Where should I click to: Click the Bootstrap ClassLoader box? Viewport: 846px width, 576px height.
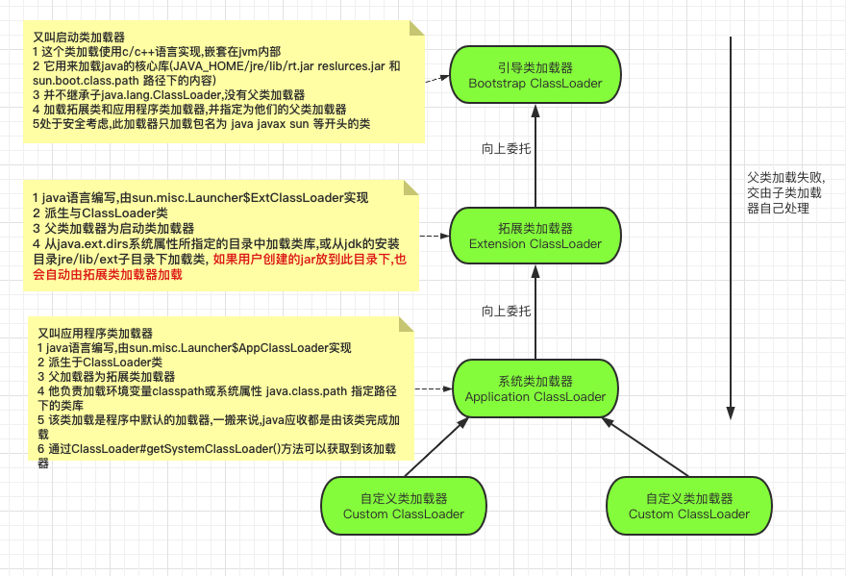(535, 76)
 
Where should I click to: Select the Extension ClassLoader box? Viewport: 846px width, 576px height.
(535, 236)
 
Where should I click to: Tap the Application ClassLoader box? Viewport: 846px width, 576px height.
(535, 388)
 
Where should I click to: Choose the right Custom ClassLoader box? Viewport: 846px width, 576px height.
(689, 506)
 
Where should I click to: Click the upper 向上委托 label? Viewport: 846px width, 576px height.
(506, 149)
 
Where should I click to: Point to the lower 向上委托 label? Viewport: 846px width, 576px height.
(506, 311)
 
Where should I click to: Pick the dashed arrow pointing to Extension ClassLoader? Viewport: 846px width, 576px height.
(436, 236)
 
